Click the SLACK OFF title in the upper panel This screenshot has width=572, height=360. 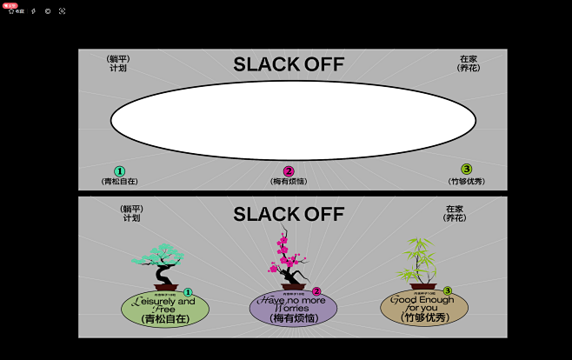point(289,64)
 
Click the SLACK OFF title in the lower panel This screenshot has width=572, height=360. point(289,214)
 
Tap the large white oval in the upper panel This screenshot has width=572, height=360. point(293,120)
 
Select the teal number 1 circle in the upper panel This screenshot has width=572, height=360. point(120,171)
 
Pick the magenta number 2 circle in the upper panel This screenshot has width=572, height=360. point(289,171)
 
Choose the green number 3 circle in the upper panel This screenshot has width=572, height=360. point(467,170)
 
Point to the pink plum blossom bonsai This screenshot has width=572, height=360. point(285,257)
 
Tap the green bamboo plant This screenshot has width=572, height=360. point(420,259)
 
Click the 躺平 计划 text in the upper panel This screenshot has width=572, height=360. point(118,63)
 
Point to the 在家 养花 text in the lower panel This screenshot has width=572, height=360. point(455,213)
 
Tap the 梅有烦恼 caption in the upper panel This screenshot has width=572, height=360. point(289,182)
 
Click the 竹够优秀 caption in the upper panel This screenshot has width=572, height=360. point(467,181)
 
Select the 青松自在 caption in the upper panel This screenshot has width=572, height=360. point(120,182)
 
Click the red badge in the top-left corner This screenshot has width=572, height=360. point(10,5)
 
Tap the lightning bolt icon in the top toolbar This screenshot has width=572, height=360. point(33,11)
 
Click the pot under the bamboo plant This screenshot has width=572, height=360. point(423,286)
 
